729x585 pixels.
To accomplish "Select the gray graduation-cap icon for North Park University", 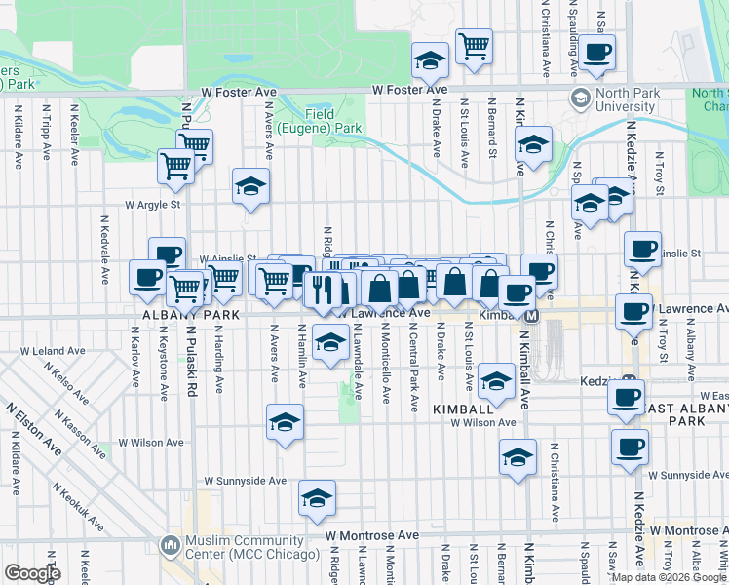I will pyautogui.click(x=581, y=98).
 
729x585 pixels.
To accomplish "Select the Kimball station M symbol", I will pyautogui.click(x=532, y=316).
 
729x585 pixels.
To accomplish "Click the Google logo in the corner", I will pyautogui.click(x=32, y=573).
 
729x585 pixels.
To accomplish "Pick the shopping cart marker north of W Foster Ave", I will pyautogui.click(x=474, y=46).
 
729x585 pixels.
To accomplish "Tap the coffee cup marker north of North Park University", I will pyautogui.click(x=596, y=54).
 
